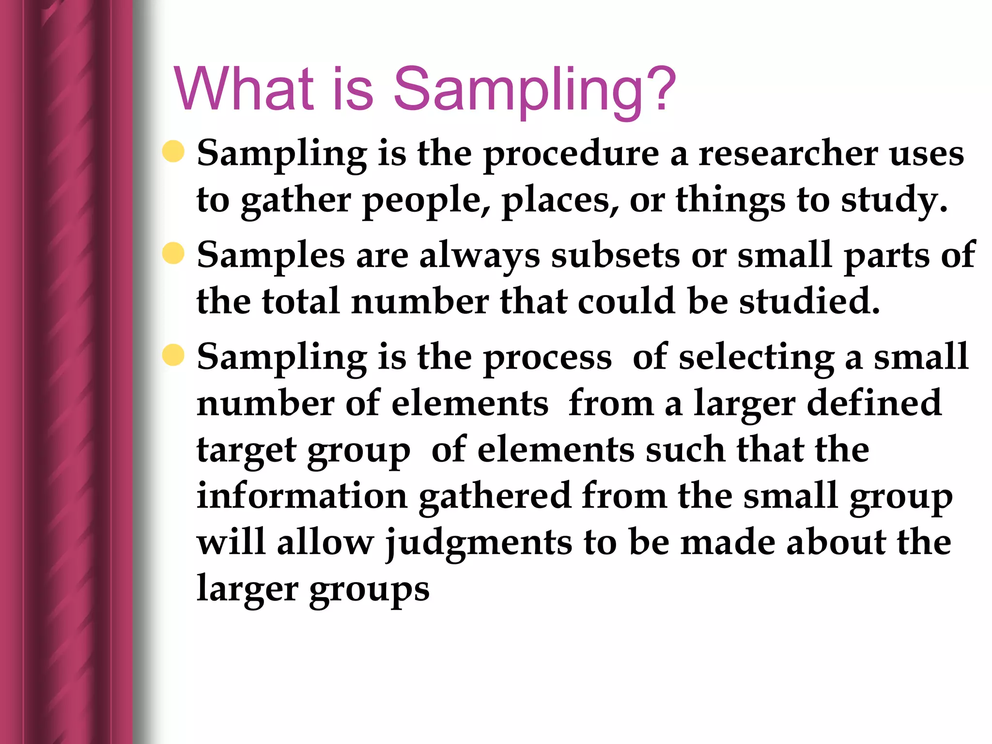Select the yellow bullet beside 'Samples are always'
(x=173, y=253)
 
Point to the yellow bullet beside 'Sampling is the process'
(x=173, y=355)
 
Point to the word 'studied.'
(x=809, y=301)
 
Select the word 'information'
(x=302, y=496)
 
